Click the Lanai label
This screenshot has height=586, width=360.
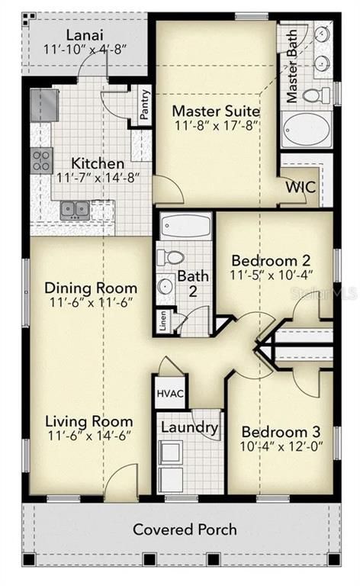coord(85,35)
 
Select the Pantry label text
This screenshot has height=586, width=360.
coord(145,105)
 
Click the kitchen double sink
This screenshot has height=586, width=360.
coord(75,208)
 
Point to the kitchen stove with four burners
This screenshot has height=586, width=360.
coord(41,159)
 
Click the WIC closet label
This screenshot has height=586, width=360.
coord(301,187)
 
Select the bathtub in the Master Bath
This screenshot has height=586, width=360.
coord(306,130)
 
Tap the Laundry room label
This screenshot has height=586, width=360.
coord(190,428)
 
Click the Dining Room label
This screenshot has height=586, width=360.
coord(92,288)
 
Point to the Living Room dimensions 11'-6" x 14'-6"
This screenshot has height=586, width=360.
coord(88,436)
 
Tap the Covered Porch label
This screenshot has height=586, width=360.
coord(185,529)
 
